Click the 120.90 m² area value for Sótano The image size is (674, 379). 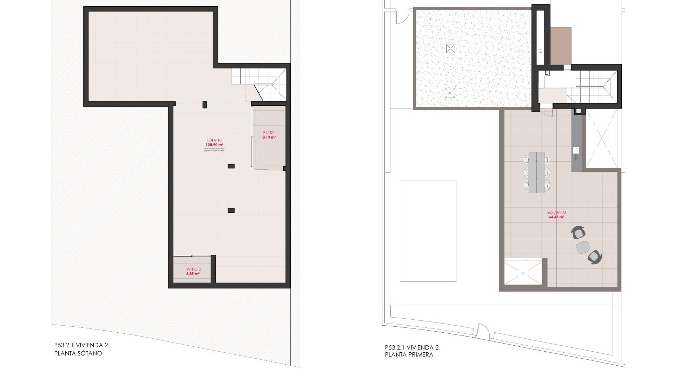pos(214,145)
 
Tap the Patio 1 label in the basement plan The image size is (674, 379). pos(270,133)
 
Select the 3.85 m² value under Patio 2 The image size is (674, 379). pos(193,274)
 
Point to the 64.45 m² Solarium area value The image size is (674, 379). pos(556,217)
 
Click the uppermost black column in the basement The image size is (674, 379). pos(205,105)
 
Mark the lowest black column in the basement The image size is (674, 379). pos(231,210)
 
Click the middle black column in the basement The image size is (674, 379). pos(231,166)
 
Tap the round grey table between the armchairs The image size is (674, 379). pos(583,247)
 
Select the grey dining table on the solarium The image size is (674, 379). pos(536,172)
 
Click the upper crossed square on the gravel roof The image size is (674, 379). pos(450,48)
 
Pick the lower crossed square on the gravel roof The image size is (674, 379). pos(449,93)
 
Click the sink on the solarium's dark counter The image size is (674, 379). pos(576,150)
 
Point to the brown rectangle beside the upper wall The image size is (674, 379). pos(561,46)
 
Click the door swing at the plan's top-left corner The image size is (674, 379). pos(402,17)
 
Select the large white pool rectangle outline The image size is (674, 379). pos(428,231)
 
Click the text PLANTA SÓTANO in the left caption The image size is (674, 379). pos(78,353)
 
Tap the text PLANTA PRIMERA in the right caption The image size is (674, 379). pos(409,355)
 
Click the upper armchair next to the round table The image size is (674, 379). pos(579,233)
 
